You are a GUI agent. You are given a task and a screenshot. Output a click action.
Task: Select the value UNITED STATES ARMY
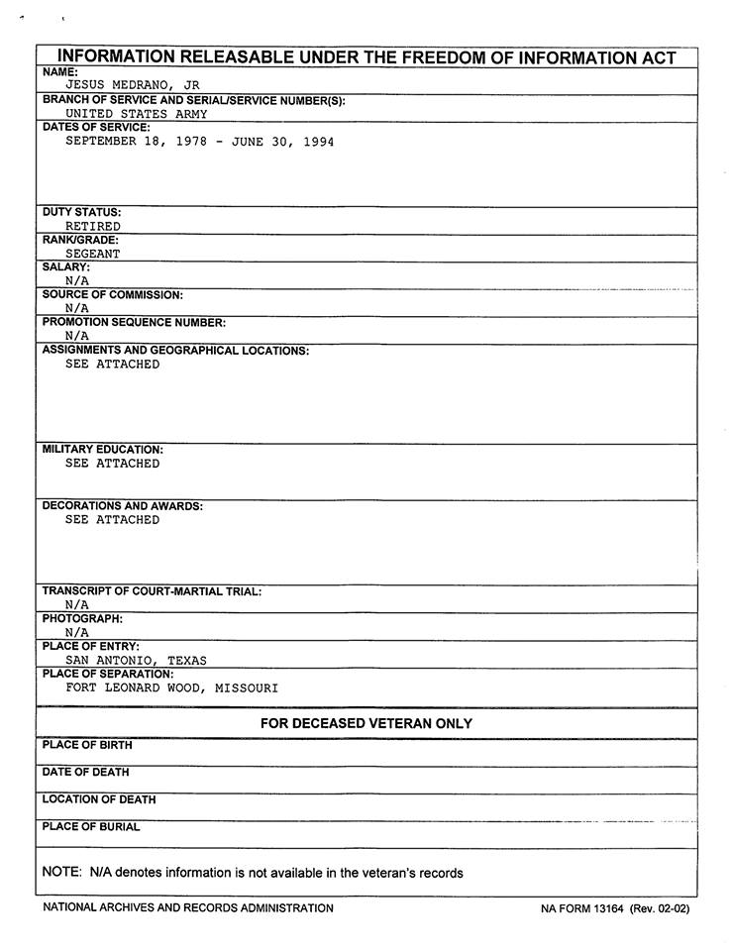[137, 114]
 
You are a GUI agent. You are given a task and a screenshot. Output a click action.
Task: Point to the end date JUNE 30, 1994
[282, 142]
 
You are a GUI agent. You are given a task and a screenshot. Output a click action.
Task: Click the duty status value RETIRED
[93, 227]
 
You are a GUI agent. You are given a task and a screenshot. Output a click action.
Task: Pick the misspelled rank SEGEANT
[93, 254]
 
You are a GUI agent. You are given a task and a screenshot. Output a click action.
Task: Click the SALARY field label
[66, 267]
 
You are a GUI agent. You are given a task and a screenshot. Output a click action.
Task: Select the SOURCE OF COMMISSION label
[113, 295]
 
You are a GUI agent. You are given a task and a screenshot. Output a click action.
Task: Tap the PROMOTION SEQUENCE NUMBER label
[135, 323]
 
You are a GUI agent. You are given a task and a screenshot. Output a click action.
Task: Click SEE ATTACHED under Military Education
[112, 464]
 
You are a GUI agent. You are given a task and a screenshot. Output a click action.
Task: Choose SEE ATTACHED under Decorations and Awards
[112, 520]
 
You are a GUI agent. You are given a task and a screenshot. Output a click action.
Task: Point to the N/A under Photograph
[77, 632]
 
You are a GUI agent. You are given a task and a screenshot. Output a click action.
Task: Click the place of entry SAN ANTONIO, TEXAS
[137, 660]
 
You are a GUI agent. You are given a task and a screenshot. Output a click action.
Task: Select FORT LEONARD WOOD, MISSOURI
[172, 687]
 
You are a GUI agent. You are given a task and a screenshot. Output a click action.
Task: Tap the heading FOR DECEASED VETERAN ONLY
[366, 724]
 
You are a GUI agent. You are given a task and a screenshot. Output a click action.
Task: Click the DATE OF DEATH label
[85, 773]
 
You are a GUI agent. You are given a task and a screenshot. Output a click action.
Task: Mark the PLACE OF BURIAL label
[91, 827]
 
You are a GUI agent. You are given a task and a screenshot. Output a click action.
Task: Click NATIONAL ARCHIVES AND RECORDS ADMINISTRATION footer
[188, 908]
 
